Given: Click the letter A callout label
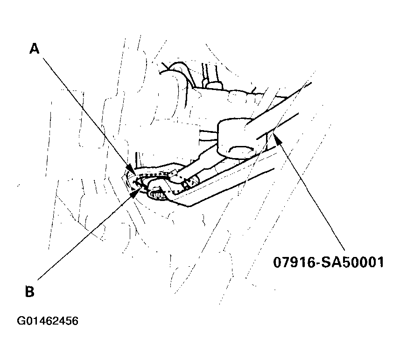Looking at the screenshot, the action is pyautogui.click(x=34, y=48).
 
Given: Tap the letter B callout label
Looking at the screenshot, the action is pyautogui.click(x=29, y=291).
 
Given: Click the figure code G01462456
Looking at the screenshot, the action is pyautogui.click(x=48, y=321).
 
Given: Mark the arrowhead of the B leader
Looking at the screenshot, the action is pyautogui.click(x=136, y=191).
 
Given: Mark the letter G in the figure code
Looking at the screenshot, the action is pyautogui.click(x=21, y=321).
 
